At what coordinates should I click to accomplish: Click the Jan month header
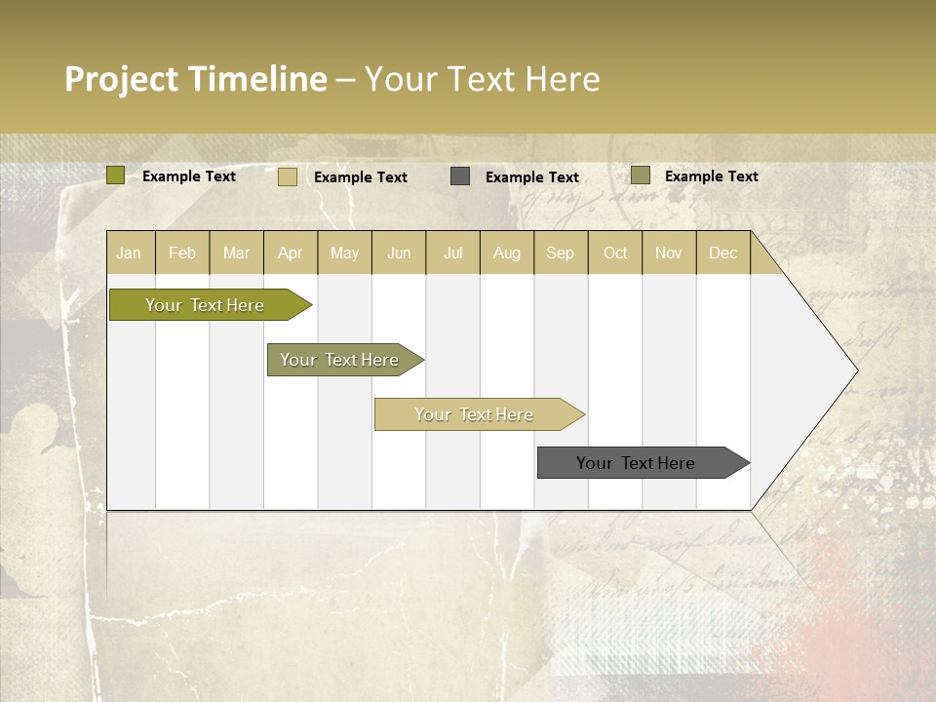[129, 253]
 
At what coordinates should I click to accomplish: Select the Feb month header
[182, 253]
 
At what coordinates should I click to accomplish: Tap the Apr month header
[290, 253]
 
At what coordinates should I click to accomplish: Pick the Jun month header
[399, 253]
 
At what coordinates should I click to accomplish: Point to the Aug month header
[506, 253]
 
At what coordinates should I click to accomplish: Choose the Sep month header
[560, 253]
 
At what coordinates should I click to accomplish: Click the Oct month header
[615, 253]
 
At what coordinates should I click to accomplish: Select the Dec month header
[722, 253]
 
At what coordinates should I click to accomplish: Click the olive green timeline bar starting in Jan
[206, 305]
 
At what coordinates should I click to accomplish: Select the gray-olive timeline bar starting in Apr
[340, 360]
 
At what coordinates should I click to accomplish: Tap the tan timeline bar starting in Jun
[474, 414]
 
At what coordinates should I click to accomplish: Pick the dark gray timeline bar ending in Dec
[637, 463]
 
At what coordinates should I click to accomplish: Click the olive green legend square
[115, 175]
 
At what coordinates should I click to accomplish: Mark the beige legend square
[288, 176]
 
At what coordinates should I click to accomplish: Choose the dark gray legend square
[460, 176]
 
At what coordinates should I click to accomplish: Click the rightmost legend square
[640, 175]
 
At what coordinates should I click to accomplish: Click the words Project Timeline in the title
[195, 79]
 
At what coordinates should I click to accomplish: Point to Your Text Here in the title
[482, 79]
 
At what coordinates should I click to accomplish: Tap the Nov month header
[669, 253]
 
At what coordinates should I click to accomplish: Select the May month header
[344, 253]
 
